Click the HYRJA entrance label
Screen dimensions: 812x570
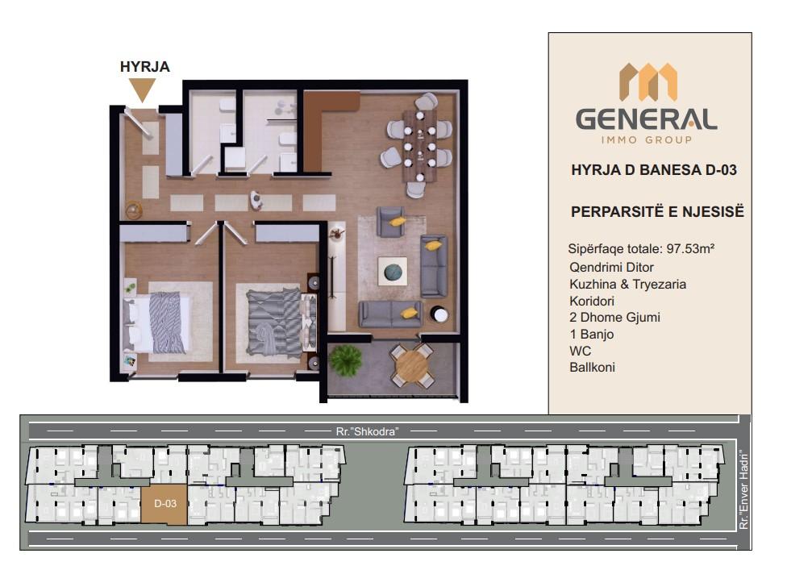[x=144, y=67]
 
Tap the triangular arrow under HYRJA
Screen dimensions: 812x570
[x=143, y=89]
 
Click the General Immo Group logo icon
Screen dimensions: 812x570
[x=648, y=81]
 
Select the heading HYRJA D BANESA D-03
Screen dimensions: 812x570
[x=653, y=170]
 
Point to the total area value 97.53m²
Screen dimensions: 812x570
[x=690, y=248]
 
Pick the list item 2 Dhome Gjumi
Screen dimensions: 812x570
[x=614, y=317]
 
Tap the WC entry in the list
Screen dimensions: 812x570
[x=580, y=351]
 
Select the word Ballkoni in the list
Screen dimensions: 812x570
[x=592, y=367]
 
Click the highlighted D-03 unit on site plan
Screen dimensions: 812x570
[x=164, y=504]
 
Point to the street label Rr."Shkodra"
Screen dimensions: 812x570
[x=367, y=431]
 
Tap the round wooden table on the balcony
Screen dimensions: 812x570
[x=412, y=366]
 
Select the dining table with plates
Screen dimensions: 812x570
[x=419, y=146]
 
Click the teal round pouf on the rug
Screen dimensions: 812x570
[x=394, y=271]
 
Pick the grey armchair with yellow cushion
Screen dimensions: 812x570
[x=392, y=221]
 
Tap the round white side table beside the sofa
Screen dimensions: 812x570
[x=439, y=314]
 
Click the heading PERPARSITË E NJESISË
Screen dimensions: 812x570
[x=657, y=212]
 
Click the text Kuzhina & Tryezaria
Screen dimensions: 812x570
[x=627, y=285]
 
